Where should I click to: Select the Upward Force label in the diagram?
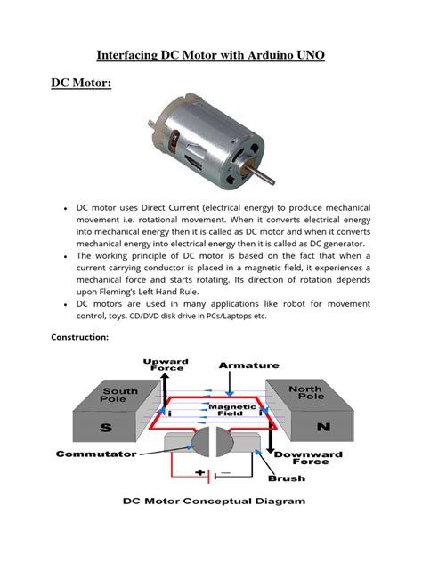click(166, 365)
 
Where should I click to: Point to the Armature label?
click(249, 365)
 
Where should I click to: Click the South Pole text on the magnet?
click(120, 397)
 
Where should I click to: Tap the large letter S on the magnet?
click(104, 428)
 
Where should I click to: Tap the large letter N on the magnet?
click(323, 427)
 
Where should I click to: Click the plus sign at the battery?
click(201, 474)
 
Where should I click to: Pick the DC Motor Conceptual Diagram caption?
click(213, 501)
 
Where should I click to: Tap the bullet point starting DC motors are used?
click(67, 304)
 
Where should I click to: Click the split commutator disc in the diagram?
click(212, 442)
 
